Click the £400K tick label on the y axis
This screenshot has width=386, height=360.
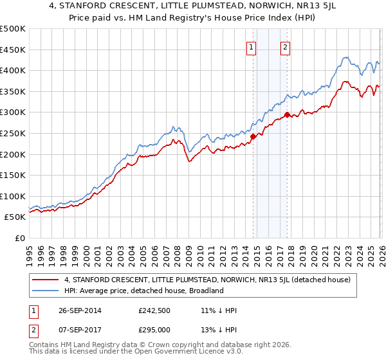click(13, 71)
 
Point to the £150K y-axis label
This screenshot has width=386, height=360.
click(13, 175)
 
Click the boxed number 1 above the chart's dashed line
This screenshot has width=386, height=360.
click(252, 46)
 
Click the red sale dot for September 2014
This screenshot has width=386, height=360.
click(253, 136)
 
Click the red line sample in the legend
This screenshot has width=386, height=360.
click(46, 280)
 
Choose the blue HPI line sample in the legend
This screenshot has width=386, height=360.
click(46, 291)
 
